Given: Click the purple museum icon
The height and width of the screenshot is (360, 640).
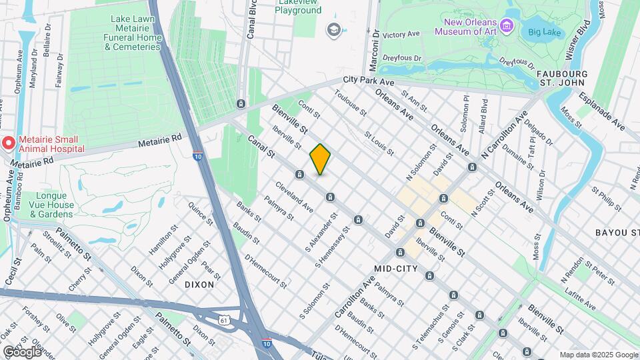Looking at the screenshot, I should pos(508,26).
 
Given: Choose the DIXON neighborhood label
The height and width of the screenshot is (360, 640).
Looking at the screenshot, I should pos(199,284).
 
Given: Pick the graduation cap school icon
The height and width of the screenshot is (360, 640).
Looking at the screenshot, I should pos(332,29).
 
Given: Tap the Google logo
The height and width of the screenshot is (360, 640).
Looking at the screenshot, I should pos(22,352).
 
